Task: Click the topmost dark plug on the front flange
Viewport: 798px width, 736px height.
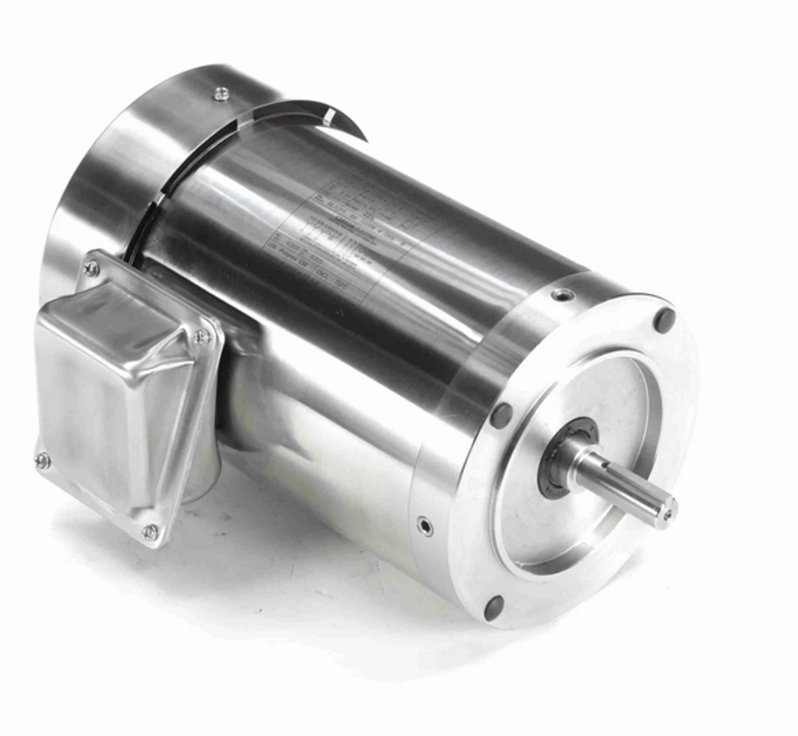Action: click(x=666, y=319)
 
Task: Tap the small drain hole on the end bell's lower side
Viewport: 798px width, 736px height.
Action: click(x=424, y=525)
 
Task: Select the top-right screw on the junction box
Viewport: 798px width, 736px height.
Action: click(x=201, y=337)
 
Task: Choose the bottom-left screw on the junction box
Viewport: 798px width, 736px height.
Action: click(x=42, y=461)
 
